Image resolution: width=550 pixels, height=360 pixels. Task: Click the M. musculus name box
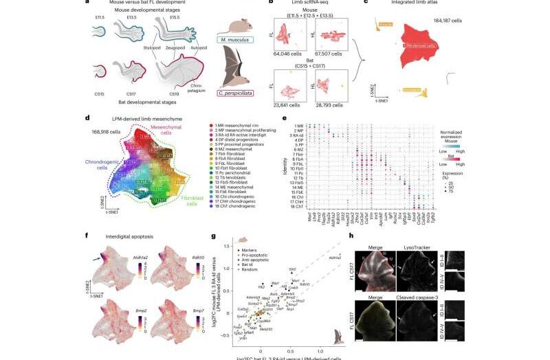(237, 40)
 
